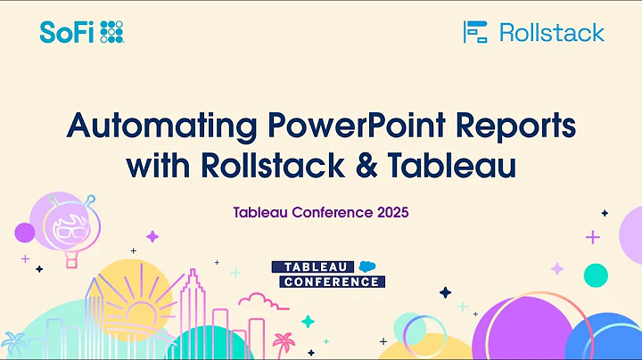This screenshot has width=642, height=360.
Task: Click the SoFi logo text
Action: coord(67,33)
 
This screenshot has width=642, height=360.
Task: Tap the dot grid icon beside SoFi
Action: coord(111,33)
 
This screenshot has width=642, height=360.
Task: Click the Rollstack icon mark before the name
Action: coord(476,33)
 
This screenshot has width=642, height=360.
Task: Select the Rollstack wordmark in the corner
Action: coord(551,33)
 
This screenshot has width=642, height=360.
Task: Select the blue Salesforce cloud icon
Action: coord(367,266)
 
